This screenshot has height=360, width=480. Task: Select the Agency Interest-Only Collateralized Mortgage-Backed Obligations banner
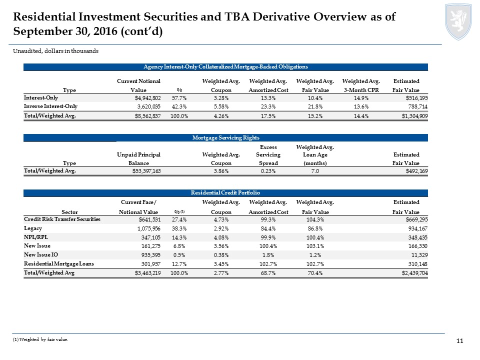click(225, 66)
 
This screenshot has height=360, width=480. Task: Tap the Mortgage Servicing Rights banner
click(225, 137)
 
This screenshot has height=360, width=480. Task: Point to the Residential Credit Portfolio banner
click(225, 192)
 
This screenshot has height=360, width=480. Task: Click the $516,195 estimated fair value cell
click(405, 97)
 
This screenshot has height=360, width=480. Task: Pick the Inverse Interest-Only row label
click(50, 106)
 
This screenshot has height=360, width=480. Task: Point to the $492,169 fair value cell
click(405, 171)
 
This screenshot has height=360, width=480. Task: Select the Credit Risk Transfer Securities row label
click(62, 219)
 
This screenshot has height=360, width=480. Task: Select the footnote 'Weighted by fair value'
click(40, 339)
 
